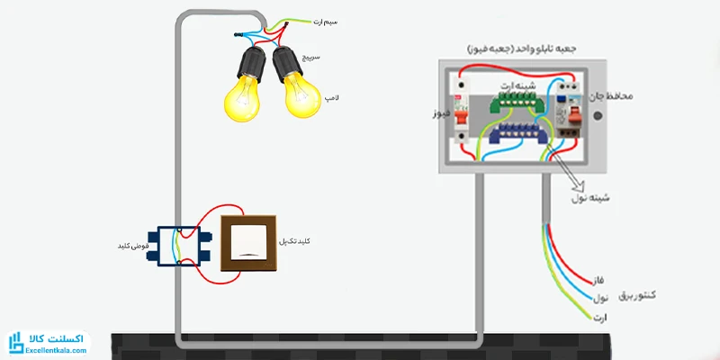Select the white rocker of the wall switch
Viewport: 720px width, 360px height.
pos(244,242)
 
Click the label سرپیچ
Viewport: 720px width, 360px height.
pos(337,56)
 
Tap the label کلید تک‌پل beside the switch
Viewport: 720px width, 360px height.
pos(301,242)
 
